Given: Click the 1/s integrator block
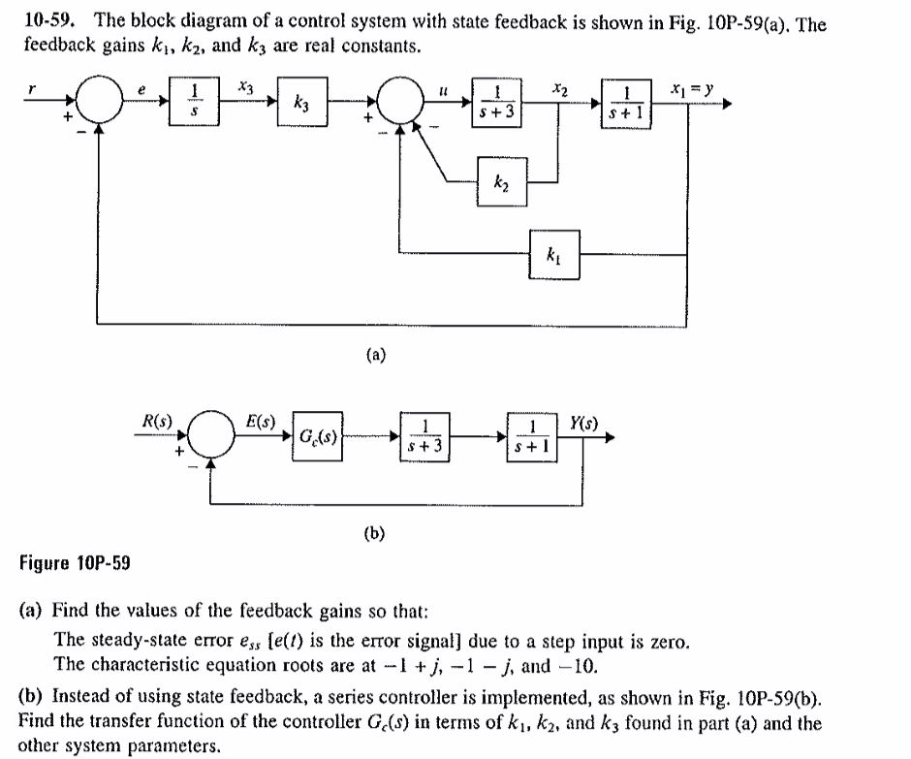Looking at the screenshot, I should (197, 101).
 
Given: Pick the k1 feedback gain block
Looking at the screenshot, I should (554, 256).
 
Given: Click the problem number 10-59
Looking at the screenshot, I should (46, 23).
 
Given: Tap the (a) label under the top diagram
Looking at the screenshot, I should (375, 356).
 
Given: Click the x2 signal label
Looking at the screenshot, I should (558, 86).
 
